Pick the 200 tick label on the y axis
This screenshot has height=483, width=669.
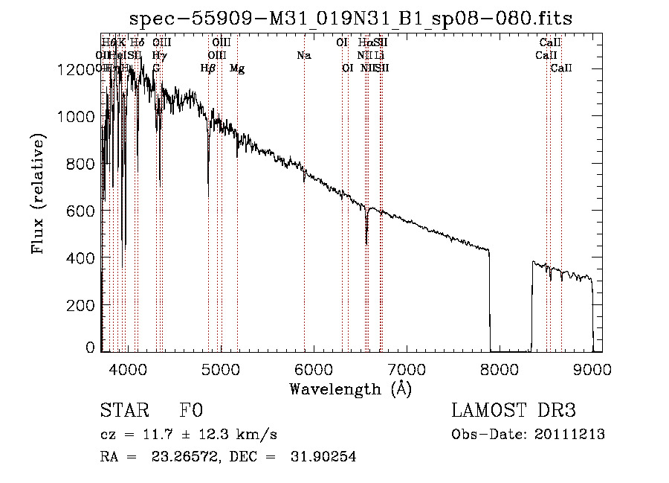point(84,305)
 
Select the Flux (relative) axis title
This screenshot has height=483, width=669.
point(37,193)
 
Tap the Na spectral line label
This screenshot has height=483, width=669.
point(303,55)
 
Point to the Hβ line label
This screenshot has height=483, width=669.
point(208,68)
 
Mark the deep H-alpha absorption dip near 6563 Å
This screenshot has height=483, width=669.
point(366,240)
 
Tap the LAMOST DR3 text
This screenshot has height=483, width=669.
point(513,411)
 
